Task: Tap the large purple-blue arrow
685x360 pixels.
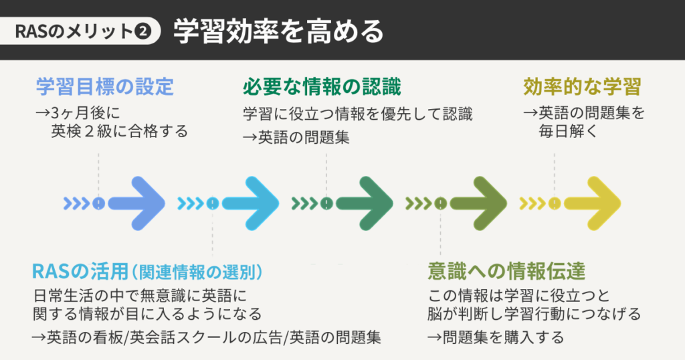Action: coord(136,202)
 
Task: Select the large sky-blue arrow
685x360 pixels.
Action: coord(250,202)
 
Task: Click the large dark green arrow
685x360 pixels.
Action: coord(364,202)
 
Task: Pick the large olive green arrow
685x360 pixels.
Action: coord(478,202)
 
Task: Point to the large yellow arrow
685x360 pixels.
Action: coord(592,202)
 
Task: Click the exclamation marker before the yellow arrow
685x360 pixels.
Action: coord(555,203)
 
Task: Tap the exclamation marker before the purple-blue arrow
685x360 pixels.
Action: coord(98,203)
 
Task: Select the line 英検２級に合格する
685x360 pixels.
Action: coord(119,132)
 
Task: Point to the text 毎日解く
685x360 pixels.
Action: coord(568,132)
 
